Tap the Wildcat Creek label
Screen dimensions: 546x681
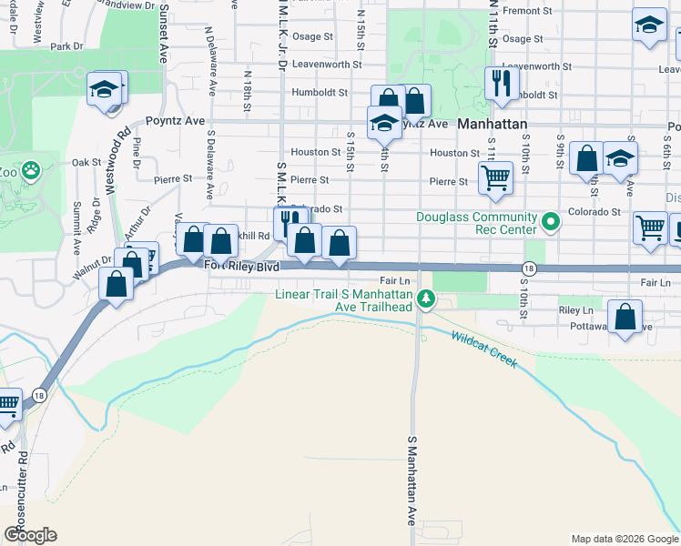[x=483, y=349]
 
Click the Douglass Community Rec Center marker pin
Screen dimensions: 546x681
[x=550, y=221]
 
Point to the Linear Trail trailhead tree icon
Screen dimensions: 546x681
[x=425, y=299]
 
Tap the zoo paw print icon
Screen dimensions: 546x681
[x=31, y=170]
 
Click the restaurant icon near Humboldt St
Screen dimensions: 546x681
[x=501, y=85]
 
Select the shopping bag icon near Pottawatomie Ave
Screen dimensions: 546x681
[x=625, y=318]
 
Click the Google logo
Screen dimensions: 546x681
[x=30, y=535]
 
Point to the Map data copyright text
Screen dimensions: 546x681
[x=625, y=539]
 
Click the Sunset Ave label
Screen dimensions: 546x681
[x=163, y=26]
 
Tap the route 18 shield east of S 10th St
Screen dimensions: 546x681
[x=529, y=268]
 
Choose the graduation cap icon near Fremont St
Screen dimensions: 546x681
[x=648, y=25]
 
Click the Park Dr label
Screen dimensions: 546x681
[x=66, y=46]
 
